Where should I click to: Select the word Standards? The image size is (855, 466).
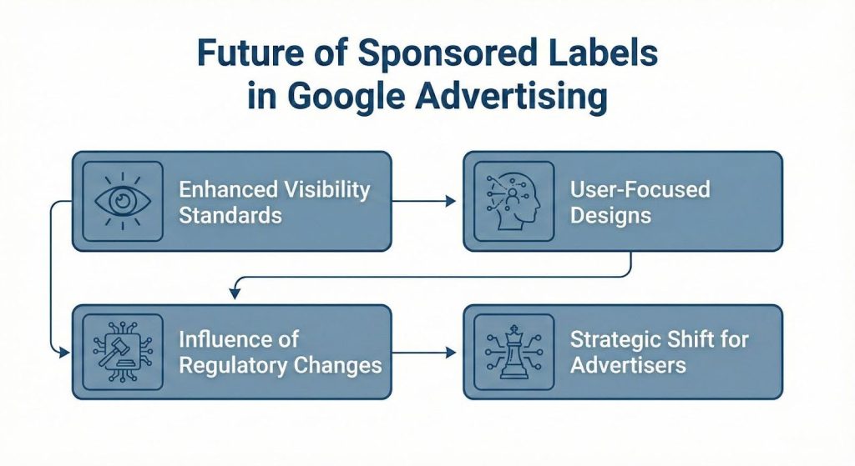pyautogui.click(x=230, y=215)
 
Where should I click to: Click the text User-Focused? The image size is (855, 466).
pyautogui.click(x=640, y=189)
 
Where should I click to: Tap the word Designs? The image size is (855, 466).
pyautogui.click(x=611, y=215)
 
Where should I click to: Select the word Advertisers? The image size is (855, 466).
pyautogui.click(x=628, y=365)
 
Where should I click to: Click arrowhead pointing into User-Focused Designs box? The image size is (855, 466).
pyautogui.click(x=452, y=201)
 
